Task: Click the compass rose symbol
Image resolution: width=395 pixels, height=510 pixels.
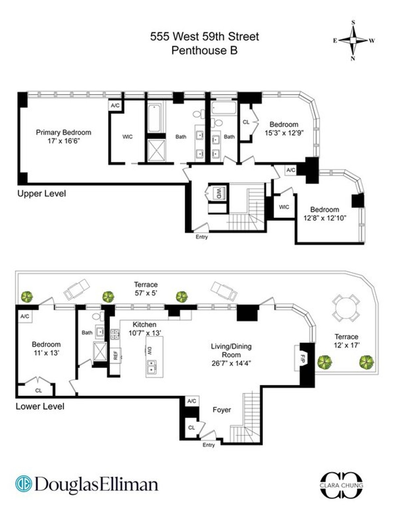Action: coord(353,40)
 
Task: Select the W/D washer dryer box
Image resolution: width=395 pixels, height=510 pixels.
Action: coord(218,193)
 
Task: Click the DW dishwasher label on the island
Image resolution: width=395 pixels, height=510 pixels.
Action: coord(149,350)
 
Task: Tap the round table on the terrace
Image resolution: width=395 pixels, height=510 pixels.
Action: coord(345,308)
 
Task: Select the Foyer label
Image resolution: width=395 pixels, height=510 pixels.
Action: coord(222,410)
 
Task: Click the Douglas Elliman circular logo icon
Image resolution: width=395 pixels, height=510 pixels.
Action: coord(24,484)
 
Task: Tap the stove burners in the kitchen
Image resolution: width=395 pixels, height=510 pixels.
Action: coord(115,334)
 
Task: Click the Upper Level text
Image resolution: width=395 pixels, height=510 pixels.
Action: coord(41,194)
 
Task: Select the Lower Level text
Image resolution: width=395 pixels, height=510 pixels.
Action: coord(40,406)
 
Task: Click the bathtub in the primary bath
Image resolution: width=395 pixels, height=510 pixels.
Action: coord(155,118)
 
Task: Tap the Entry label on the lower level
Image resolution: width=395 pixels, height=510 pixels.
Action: coord(208,445)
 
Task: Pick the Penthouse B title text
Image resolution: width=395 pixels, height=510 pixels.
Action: coord(204,50)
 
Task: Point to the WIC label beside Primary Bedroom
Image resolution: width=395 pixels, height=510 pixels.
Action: coord(127,137)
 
